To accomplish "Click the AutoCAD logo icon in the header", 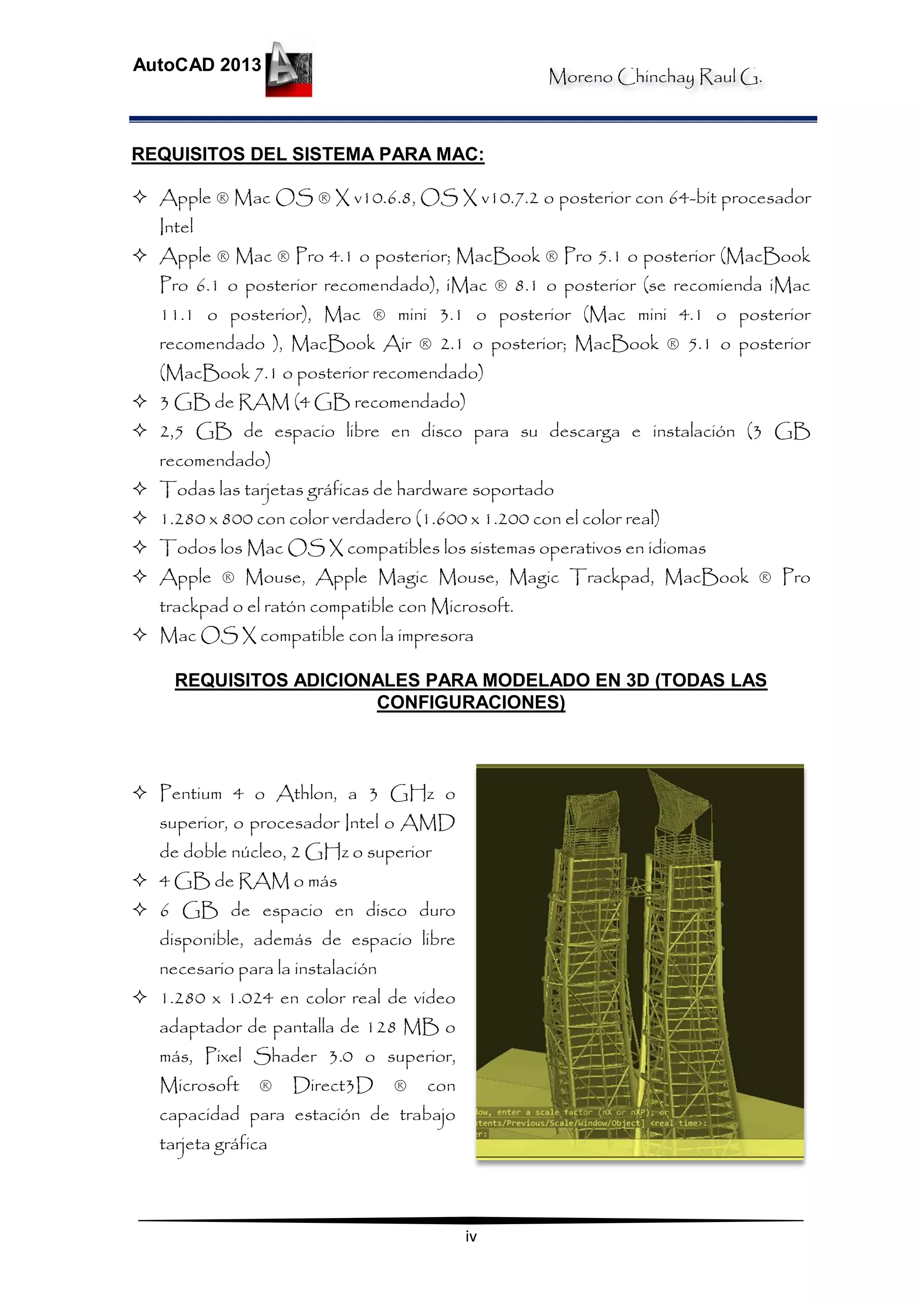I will (x=289, y=69).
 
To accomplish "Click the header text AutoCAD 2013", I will (x=197, y=65).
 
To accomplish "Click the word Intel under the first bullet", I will (x=176, y=227).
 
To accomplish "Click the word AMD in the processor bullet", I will (x=427, y=823).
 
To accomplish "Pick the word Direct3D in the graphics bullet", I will (x=333, y=1086).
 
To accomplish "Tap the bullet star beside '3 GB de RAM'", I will (x=139, y=402).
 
